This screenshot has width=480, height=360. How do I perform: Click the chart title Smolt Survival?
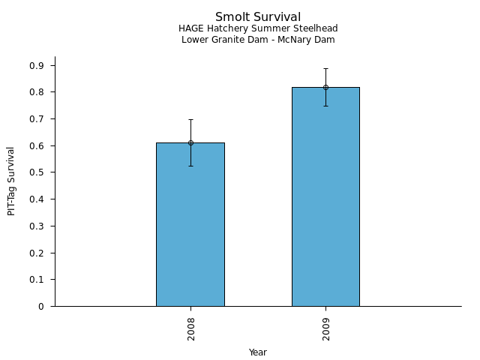click(x=258, y=17)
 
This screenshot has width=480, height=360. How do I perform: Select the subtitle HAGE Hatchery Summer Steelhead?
click(x=258, y=28)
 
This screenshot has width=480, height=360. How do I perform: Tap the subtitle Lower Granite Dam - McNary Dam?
click(x=258, y=40)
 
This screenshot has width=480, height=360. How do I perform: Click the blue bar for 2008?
click(x=190, y=225)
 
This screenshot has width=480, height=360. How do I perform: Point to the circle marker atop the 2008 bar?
click(x=190, y=142)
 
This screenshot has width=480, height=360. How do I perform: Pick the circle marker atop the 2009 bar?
click(x=325, y=87)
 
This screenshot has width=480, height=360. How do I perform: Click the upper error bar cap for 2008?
click(x=190, y=119)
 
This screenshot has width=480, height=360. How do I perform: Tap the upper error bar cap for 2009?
click(x=325, y=68)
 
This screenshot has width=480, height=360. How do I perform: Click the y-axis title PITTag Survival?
click(x=11, y=181)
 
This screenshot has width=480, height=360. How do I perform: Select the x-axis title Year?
click(x=258, y=352)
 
